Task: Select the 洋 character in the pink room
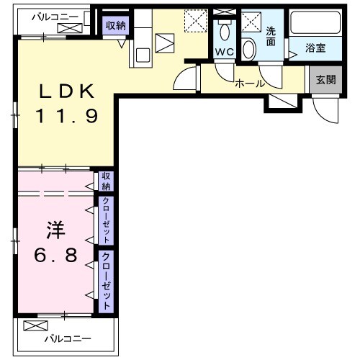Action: [x=56, y=231]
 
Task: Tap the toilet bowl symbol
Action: [x=248, y=49]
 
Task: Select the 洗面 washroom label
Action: [x=271, y=36]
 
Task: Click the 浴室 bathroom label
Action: [x=315, y=49]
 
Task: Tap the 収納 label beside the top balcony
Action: [x=114, y=26]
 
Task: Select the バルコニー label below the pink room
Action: [x=70, y=338]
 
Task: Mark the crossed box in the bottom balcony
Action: [x=33, y=325]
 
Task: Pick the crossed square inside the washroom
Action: [x=250, y=21]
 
